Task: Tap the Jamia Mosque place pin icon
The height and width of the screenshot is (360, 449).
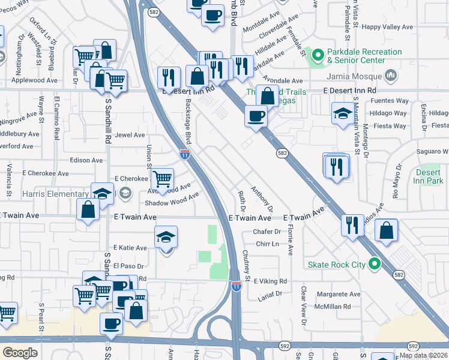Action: tap(391, 76)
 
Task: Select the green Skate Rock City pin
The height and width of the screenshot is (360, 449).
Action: tap(375, 264)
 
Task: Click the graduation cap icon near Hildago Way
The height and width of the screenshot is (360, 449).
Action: tap(342, 113)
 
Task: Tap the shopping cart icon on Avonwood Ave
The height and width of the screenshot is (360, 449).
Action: tap(161, 179)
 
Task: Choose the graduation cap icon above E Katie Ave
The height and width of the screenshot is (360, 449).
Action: tap(166, 236)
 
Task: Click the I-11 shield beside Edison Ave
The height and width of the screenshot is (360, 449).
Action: tap(185, 154)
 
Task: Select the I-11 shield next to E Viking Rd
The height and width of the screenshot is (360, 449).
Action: tap(237, 286)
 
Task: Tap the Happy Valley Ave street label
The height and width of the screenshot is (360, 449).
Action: tap(388, 27)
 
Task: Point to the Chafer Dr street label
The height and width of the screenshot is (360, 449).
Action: tap(267, 232)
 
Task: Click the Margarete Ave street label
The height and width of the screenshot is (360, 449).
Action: tap(339, 295)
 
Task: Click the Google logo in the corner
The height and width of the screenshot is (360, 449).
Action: tap(20, 353)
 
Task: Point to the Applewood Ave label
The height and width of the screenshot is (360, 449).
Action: tap(35, 80)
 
